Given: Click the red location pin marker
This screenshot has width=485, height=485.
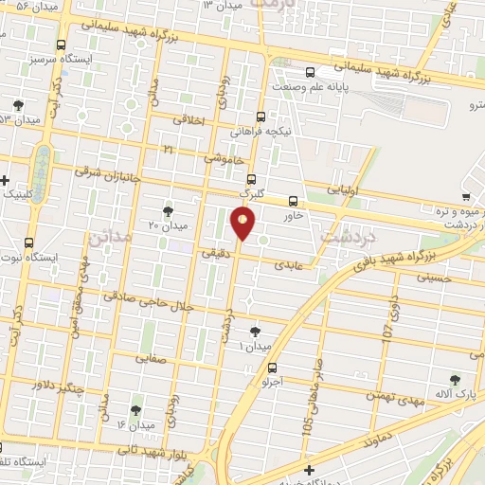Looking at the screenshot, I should point(243,224).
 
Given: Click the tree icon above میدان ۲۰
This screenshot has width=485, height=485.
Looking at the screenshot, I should point(169,210).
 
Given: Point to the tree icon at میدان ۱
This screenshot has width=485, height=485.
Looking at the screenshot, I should point(253,332).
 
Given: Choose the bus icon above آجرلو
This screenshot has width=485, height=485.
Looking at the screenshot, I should point(273,368).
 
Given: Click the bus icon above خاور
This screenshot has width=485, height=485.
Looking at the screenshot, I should point(293,201).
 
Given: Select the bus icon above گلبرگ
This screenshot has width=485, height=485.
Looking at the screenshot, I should point(250,178).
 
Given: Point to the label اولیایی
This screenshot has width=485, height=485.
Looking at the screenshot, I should point(343,189).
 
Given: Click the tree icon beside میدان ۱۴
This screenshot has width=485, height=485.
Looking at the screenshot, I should point(135,409).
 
